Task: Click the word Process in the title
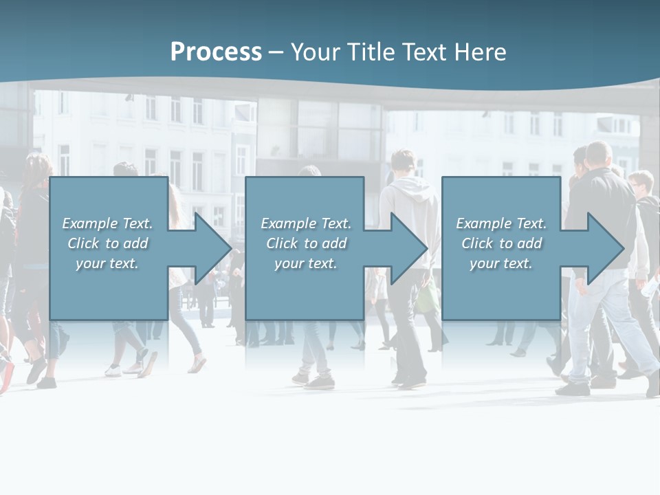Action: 216,52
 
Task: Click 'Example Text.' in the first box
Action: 107,223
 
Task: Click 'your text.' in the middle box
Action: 305,263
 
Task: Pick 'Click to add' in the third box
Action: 501,243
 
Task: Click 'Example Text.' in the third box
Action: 501,223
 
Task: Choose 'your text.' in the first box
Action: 107,263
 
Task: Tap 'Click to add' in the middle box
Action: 306,243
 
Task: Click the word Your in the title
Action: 315,52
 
